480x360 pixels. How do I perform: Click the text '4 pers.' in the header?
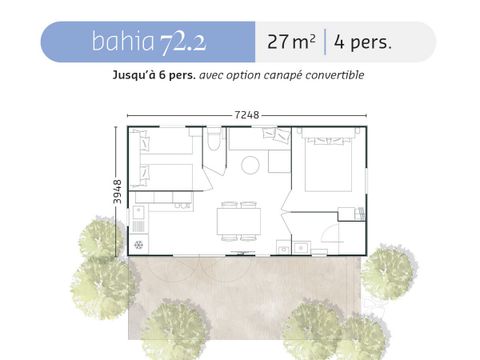pos(363,43)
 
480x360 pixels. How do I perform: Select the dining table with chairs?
pos(239,219)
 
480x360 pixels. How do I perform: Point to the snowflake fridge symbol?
pos(138,244)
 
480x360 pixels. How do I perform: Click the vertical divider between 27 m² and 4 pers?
pos(324,43)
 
